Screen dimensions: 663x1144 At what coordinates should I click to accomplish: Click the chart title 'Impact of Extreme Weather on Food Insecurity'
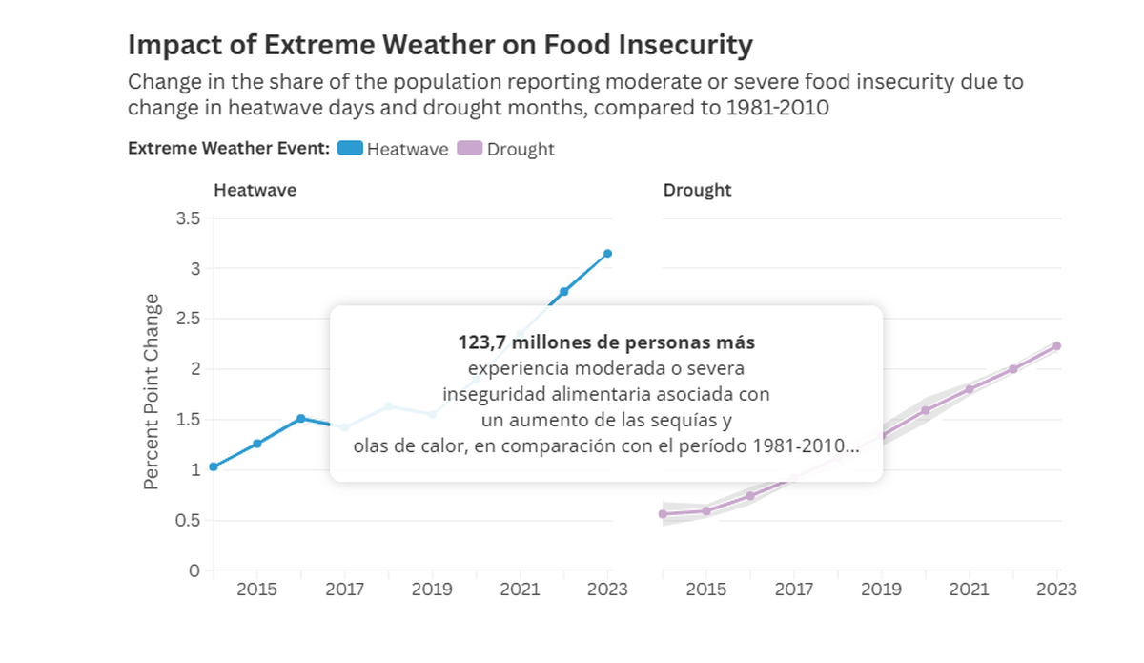(439, 45)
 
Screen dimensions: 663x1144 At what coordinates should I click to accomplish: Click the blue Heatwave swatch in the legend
(350, 149)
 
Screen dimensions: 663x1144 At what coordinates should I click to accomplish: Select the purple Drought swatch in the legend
(470, 149)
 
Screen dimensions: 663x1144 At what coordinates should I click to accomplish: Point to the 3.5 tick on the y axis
(189, 218)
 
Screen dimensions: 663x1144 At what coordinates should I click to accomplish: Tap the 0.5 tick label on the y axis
(189, 520)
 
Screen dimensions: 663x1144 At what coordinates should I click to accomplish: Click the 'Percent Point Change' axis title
(152, 392)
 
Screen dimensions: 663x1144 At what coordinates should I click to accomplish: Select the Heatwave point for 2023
(607, 254)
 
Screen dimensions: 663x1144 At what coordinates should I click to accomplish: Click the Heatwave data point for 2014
(214, 466)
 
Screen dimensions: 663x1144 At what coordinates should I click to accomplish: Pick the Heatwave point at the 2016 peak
(300, 418)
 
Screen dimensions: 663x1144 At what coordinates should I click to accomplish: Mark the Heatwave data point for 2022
(563, 291)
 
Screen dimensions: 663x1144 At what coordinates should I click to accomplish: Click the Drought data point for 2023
(1057, 346)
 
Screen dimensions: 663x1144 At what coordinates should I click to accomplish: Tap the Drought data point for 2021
(970, 389)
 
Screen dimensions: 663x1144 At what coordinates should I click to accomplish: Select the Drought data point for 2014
(663, 514)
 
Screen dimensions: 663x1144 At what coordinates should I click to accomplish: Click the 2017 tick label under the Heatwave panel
(344, 590)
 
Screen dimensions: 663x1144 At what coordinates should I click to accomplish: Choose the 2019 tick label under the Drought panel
(882, 590)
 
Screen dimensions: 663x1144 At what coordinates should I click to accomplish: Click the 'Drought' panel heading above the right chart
(697, 190)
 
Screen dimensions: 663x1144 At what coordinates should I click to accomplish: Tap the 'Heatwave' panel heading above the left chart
(255, 190)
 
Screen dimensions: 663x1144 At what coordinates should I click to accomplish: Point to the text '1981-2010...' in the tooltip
(811, 446)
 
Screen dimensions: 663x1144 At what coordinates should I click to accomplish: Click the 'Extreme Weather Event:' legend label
(229, 149)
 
